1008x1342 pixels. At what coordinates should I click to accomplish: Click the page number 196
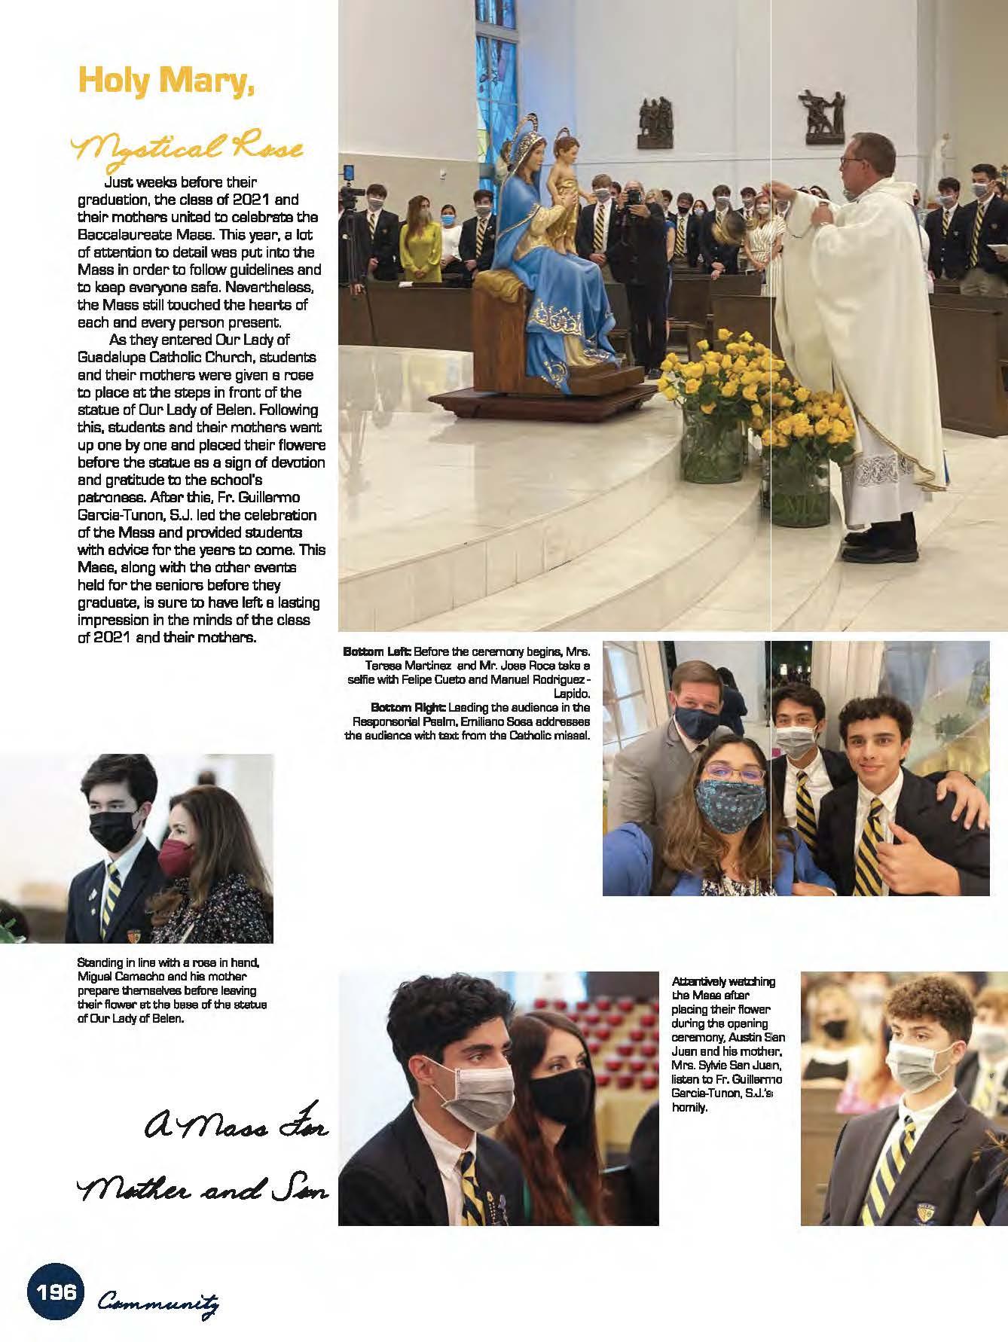click(x=57, y=1292)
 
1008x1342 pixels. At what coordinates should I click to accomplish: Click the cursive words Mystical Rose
click(x=188, y=148)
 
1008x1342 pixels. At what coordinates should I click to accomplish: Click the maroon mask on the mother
click(x=178, y=856)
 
